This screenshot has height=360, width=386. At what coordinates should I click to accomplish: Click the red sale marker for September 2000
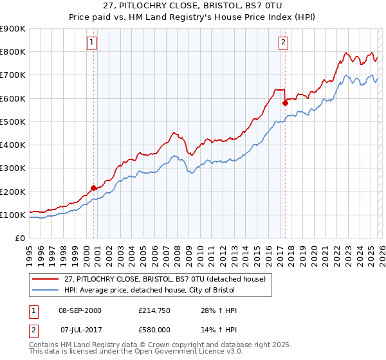94,188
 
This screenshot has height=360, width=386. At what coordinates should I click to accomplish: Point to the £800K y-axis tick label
13,52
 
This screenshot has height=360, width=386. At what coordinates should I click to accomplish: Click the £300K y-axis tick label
13,168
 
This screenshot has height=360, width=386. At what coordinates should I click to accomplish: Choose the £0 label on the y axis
19,239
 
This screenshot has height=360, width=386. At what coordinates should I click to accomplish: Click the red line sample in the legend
46,278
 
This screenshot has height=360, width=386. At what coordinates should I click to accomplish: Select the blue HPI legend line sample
46,291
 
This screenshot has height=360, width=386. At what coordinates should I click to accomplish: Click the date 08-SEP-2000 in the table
80,310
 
